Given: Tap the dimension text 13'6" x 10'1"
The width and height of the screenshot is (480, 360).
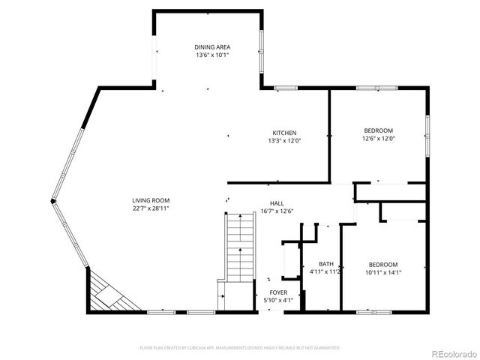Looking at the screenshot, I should point(212,55).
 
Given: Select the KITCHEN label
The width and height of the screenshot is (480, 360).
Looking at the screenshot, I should point(284,133).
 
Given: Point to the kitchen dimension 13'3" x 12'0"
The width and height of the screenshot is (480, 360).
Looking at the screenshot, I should point(284,141).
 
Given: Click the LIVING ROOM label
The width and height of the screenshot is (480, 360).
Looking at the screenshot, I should point(151,200).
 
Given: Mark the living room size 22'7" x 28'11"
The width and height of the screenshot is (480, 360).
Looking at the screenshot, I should point(151,208).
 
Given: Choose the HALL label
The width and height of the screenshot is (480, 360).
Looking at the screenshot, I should point(277,202).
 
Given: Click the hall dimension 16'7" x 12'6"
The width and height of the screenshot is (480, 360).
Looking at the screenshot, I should point(277,211).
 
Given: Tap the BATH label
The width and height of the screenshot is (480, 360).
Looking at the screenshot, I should point(326,263).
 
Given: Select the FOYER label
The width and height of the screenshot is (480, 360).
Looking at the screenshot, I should point(278,292).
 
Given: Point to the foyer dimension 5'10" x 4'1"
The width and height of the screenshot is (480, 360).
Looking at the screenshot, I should point(278,300).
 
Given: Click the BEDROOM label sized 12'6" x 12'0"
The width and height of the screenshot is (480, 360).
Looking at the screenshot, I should point(378,130).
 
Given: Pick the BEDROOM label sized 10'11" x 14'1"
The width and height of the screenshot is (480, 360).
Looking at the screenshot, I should point(382,264).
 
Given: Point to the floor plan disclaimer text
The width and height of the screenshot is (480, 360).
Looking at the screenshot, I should point(240,348).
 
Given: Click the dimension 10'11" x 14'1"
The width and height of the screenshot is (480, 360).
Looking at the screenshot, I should point(382,272).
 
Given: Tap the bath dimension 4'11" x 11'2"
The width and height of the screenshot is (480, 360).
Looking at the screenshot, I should point(326,271).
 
